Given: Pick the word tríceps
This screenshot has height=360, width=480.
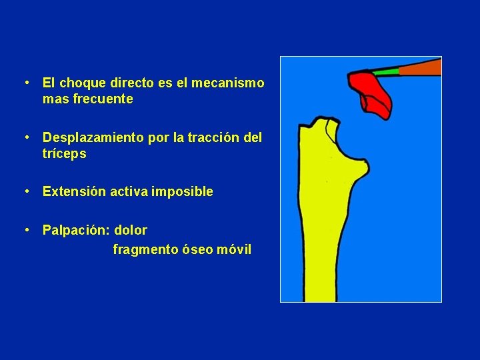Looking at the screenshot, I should (x=64, y=154).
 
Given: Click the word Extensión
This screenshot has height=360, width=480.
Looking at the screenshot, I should (x=72, y=191).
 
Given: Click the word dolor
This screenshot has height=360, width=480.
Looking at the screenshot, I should (x=131, y=230).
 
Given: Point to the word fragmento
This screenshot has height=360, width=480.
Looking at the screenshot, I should (x=143, y=250).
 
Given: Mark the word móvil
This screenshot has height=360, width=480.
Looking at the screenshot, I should (x=235, y=250).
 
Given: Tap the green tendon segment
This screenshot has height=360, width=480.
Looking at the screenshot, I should (x=385, y=71).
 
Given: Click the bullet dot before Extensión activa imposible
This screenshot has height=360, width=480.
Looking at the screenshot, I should (x=26, y=192).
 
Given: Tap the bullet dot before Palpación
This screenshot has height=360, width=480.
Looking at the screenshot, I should (x=26, y=231).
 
